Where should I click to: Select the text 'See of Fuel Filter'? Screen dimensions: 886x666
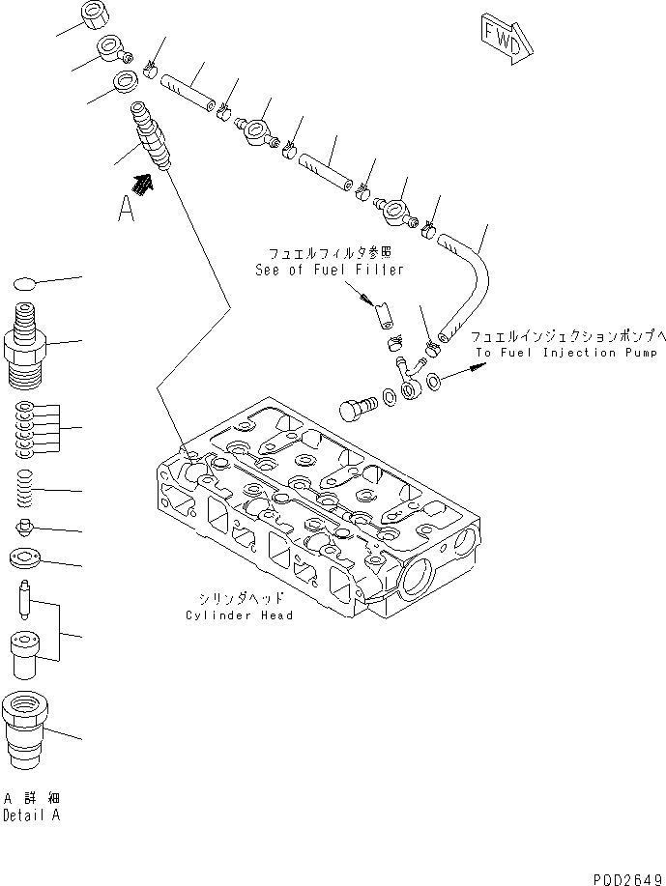(330, 271)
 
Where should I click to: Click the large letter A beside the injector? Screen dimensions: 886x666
(127, 209)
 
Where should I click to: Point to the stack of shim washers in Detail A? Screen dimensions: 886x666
(27, 426)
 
